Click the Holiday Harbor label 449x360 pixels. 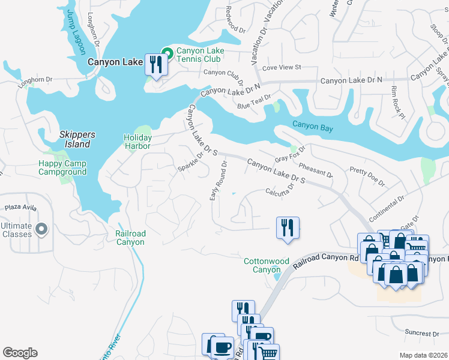tap(137, 142)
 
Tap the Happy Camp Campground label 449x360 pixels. tap(62, 168)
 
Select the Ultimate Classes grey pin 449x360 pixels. tap(41, 229)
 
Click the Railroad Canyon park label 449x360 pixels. tap(130, 238)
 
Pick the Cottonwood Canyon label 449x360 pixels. tap(267, 265)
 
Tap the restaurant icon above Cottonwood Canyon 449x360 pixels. tap(288, 227)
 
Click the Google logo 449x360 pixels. tap(20, 353)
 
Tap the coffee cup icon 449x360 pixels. tap(223, 346)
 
